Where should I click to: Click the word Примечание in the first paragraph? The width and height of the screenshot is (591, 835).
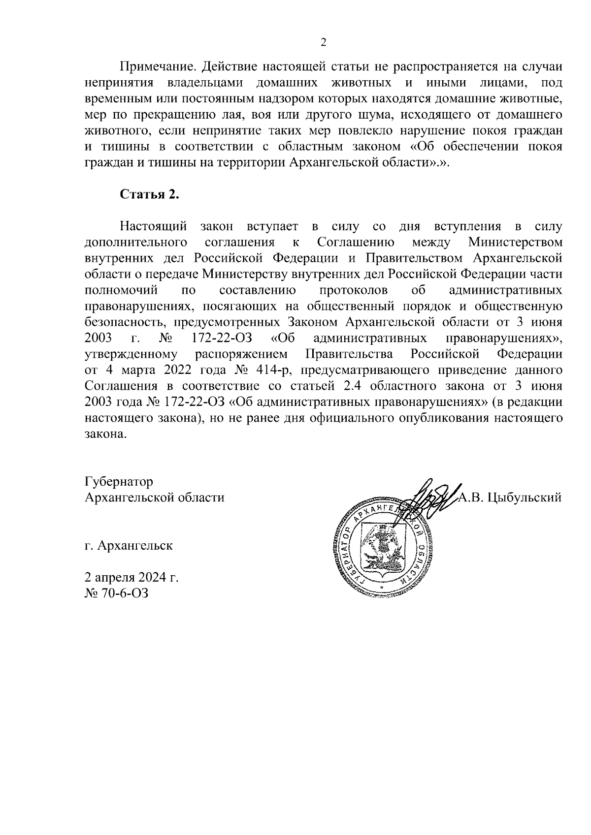point(158,66)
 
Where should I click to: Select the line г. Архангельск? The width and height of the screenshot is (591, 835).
point(129,546)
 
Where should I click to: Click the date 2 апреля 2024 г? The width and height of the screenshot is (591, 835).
point(131,577)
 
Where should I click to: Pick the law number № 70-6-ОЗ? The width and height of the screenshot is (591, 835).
point(117,593)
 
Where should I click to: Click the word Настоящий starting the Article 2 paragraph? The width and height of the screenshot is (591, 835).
point(154,226)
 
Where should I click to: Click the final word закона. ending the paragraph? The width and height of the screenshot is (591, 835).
point(106,434)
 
